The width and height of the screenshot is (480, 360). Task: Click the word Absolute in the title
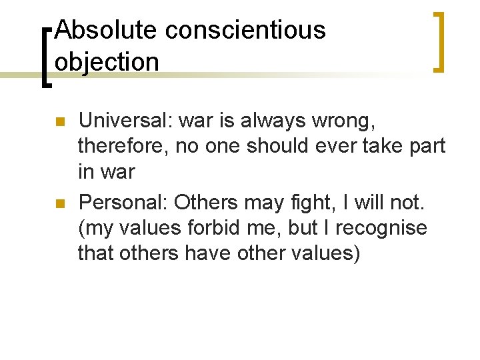[x=105, y=30]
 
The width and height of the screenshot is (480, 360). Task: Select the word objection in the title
[x=107, y=61]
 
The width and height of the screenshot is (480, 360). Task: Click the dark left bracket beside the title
[x=45, y=57]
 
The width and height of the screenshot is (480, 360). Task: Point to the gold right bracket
[x=439, y=41]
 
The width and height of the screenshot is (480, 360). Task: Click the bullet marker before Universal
[x=59, y=123]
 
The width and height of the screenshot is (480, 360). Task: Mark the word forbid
[x=215, y=227]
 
